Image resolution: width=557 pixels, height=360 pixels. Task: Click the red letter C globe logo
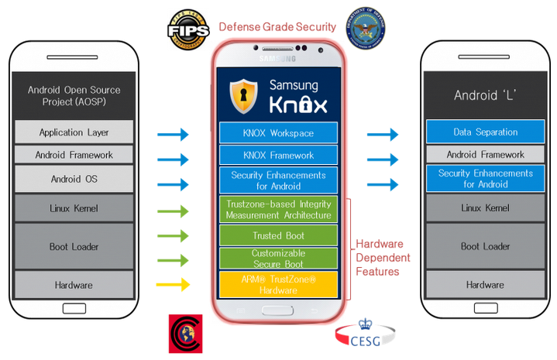coord(187,334)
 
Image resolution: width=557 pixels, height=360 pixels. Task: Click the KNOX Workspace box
coord(278,132)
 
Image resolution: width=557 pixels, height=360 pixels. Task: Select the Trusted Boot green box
coord(278,235)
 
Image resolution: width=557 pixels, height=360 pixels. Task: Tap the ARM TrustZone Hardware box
coord(278,284)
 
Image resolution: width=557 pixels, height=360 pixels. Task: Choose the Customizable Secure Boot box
coord(278,259)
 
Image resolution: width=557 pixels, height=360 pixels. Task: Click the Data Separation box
coord(485,132)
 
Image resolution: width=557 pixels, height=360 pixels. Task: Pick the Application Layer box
coord(74,132)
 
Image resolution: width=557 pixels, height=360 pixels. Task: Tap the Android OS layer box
coord(74,180)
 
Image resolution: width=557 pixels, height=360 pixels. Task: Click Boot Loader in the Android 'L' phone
coord(485,246)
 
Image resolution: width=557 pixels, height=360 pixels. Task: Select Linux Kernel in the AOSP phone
coord(74,208)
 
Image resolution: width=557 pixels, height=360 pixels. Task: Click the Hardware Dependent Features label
coord(383,258)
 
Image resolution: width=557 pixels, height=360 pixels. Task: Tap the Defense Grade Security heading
coord(277,27)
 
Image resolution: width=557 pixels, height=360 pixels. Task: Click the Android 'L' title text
coord(485,96)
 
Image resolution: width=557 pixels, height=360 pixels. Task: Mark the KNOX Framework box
coord(278,156)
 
